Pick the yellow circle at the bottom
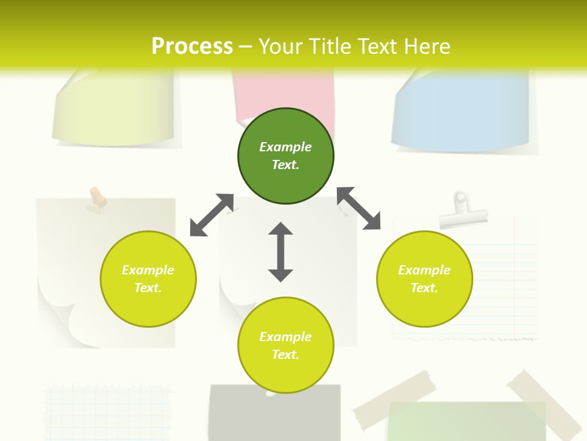(x=286, y=367)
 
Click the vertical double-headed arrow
(x=281, y=252)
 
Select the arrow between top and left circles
(x=212, y=215)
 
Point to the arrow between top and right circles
(x=359, y=208)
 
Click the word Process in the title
(x=192, y=46)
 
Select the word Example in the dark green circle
(x=286, y=147)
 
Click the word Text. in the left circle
(x=148, y=288)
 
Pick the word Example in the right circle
(x=424, y=270)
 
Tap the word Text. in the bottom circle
(x=286, y=355)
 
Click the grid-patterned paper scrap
(x=107, y=410)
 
